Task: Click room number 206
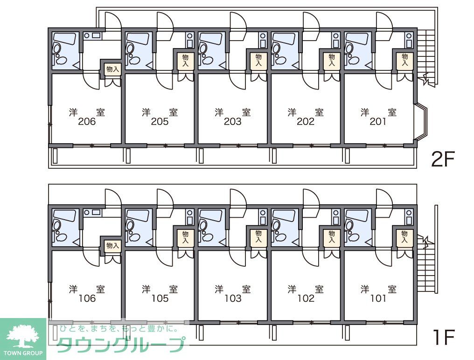[87, 122]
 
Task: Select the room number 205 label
[160, 122]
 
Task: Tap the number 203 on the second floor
[233, 122]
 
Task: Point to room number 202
[306, 122]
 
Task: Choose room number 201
[378, 122]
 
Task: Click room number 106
[87, 299]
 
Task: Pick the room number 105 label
[160, 299]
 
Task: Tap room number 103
[233, 299]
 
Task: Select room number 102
[306, 299]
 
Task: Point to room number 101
[378, 299]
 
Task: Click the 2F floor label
[443, 160]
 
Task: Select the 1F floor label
[443, 337]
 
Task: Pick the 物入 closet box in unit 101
[404, 237]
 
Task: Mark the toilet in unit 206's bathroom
[57, 48]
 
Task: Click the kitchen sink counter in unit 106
[92, 212]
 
